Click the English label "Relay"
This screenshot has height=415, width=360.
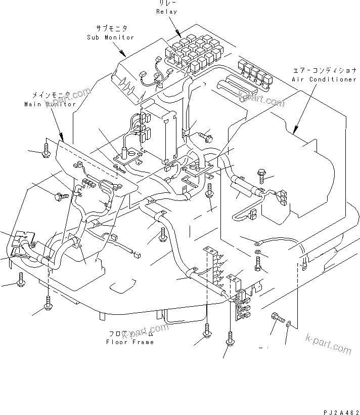(x=166, y=11)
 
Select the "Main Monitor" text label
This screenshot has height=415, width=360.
(x=50, y=104)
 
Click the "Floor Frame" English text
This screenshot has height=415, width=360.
(x=130, y=342)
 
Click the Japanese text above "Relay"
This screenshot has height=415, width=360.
(x=166, y=3)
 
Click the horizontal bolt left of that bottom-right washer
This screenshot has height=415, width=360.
(x=277, y=317)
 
